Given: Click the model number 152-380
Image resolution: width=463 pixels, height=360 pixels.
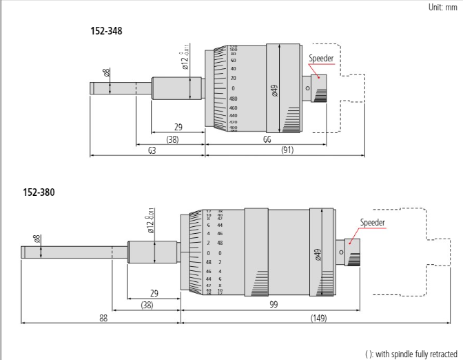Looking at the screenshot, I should click(41, 192).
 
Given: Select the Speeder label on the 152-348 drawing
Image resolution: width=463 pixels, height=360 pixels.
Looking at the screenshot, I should click(321, 59).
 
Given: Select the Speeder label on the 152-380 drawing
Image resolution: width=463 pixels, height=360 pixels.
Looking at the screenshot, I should click(373, 222).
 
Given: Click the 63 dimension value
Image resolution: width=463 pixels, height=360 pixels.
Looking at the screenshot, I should click(151, 150).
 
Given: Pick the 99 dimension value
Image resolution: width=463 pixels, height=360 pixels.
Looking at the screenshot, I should click(274, 304).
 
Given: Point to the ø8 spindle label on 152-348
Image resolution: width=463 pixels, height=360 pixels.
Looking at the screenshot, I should click(106, 72).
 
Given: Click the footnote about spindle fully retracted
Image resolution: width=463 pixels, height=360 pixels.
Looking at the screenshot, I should click(411, 353).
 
